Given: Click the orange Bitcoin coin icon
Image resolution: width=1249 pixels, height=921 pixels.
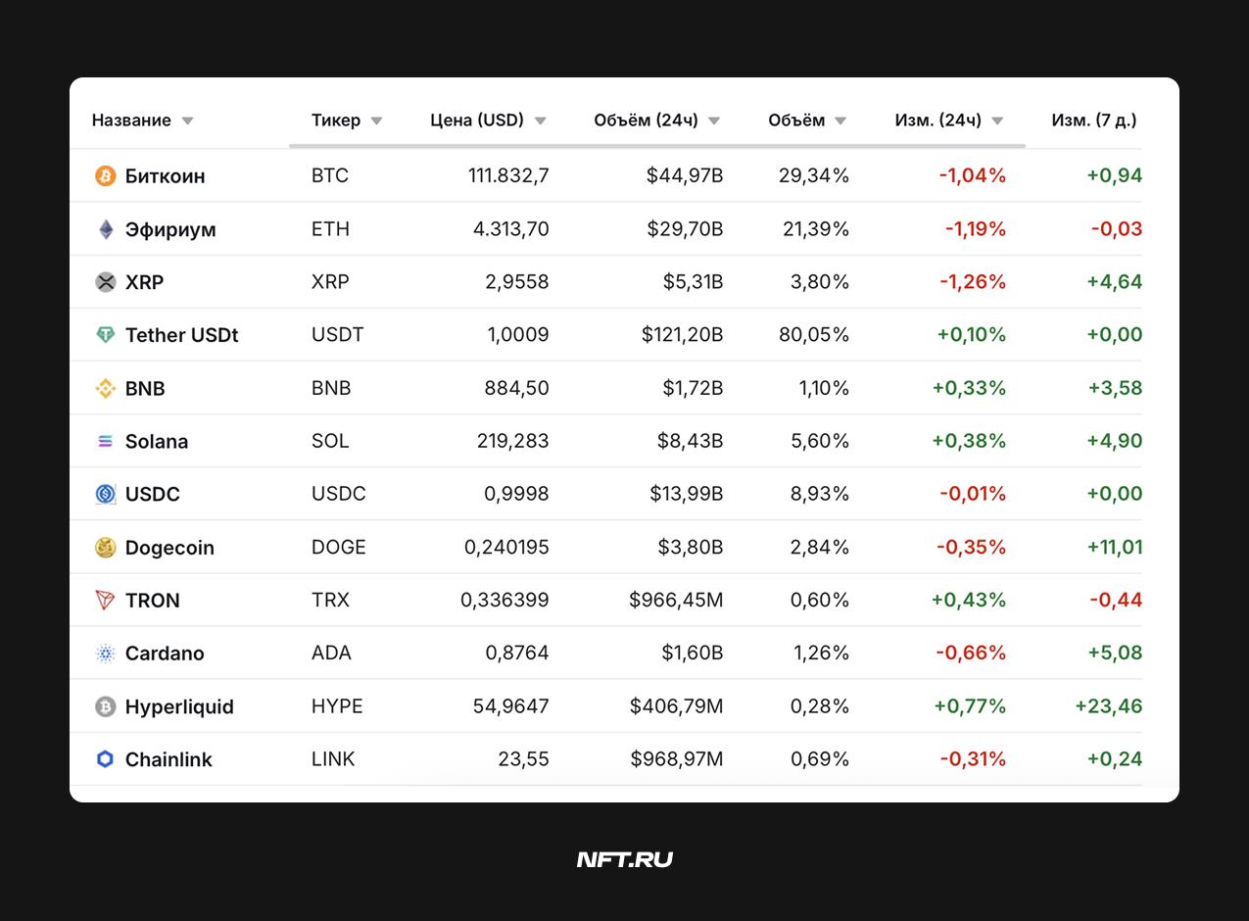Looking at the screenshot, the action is coord(106,175).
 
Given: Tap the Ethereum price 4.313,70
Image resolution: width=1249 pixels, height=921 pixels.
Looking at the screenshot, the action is coord(510,228).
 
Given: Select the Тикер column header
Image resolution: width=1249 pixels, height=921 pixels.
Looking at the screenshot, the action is coord(336,120).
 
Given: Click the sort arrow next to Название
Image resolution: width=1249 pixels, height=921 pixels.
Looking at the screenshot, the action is coord(188,121).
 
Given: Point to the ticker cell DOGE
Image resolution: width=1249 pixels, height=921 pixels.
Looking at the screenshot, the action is coord(339,547).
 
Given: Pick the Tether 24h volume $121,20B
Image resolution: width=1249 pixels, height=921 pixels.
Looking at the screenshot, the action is coord(682,334).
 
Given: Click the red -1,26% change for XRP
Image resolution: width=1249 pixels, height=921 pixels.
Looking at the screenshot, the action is coord(973,282).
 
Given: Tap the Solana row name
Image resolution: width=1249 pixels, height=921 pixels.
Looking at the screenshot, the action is coord(157,441).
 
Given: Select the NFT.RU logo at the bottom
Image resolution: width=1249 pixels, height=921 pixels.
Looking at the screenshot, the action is coord(625,859).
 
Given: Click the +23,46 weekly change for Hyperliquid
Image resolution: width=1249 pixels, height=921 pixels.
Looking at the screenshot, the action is coord(1109,705).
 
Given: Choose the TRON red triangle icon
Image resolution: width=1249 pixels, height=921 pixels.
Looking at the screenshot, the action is coord(106,600).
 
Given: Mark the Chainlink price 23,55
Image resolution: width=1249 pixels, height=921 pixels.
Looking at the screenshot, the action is coord(523,758).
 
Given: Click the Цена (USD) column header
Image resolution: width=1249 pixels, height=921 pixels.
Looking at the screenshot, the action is coord(477,120).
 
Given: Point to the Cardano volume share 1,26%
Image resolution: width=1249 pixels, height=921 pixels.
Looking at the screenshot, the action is coord(821,653).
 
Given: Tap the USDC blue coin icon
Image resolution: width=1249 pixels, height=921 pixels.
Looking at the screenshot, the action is coord(106,494).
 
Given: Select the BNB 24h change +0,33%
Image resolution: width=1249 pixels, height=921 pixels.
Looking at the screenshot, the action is coord(969,388).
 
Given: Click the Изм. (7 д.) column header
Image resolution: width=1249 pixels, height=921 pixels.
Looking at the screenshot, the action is coord(1094,120).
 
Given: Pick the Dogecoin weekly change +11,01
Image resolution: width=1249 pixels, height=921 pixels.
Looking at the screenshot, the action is coord(1115,547).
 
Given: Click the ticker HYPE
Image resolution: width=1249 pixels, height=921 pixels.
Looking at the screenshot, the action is coord(337,705).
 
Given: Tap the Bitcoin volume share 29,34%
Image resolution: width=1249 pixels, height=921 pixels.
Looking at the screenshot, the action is coord(813,175).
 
